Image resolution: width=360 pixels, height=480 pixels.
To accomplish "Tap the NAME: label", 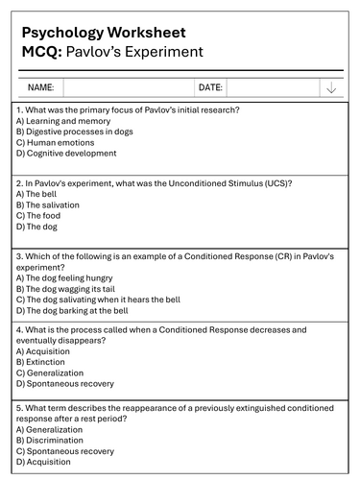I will pos(40,87).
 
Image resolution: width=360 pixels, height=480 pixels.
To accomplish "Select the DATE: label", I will pos(210,87).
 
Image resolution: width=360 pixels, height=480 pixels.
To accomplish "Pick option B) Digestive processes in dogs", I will pos(74,132).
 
